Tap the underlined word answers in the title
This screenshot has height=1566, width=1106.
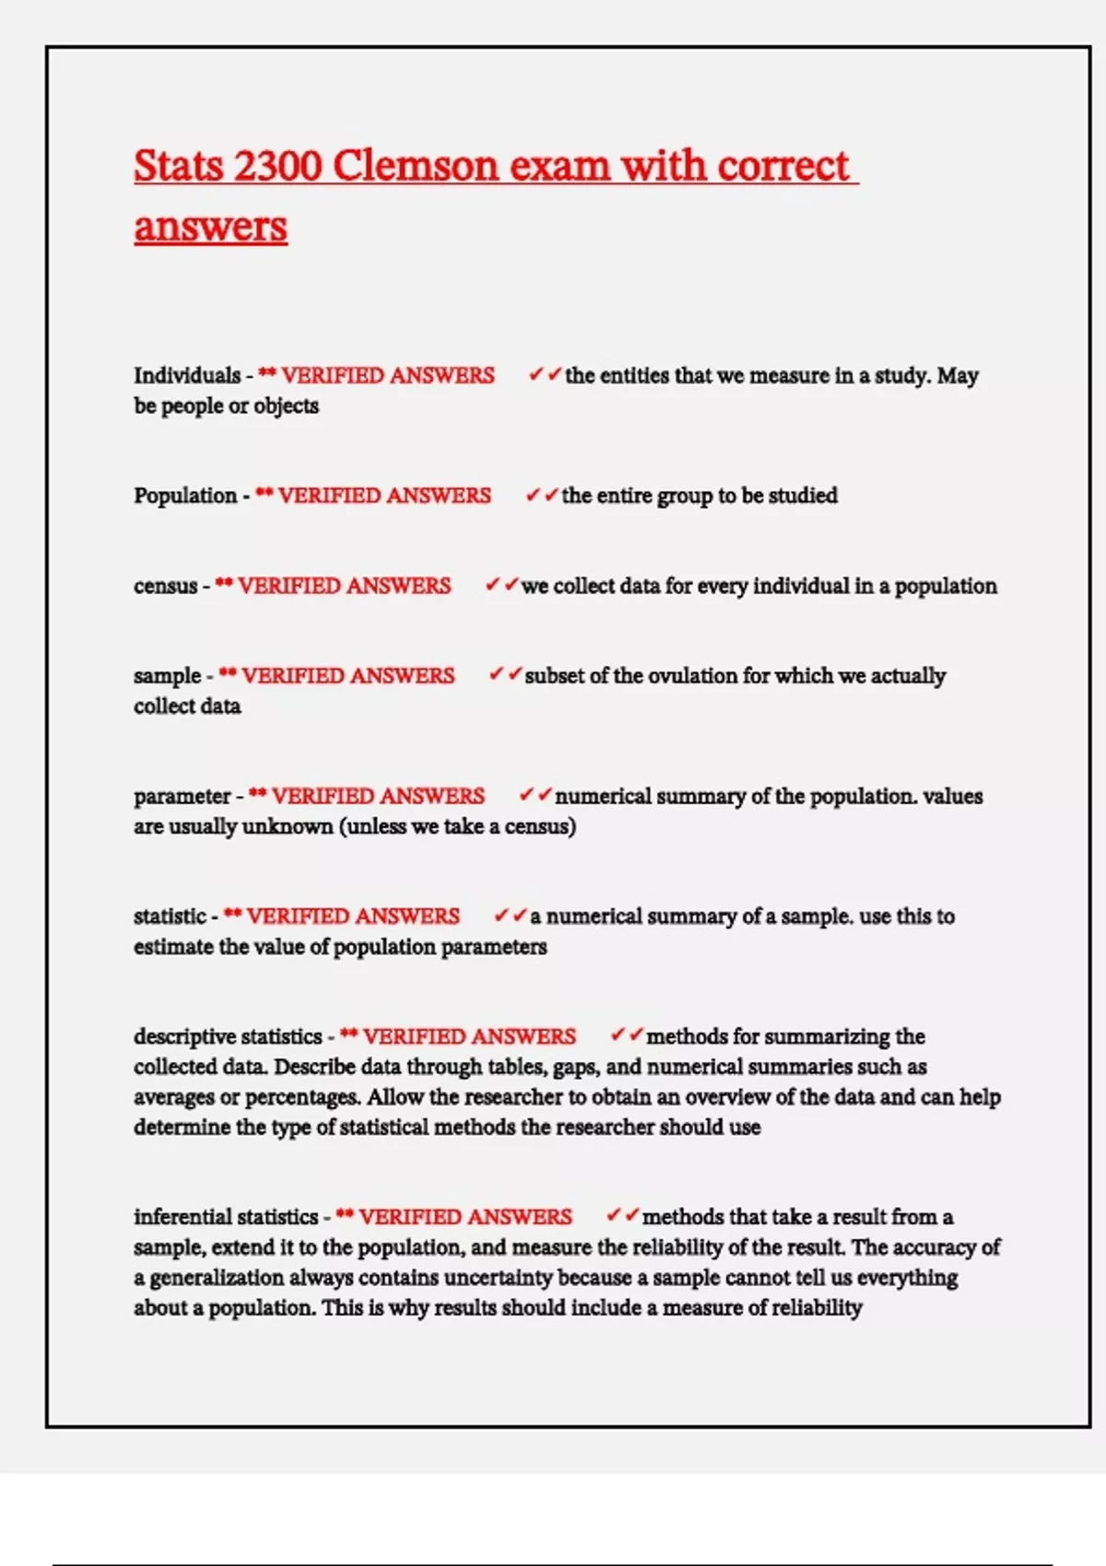click(210, 227)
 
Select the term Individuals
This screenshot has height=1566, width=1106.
click(187, 376)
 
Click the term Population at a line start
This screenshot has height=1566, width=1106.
click(185, 496)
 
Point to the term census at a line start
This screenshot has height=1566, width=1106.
click(165, 586)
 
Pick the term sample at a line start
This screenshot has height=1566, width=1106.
click(167, 676)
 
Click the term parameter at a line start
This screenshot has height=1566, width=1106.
click(182, 796)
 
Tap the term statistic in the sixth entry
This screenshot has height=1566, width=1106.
click(170, 917)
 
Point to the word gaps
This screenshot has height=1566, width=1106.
click(574, 1067)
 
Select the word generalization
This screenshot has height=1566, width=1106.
click(228, 1278)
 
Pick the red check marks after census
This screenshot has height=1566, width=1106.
click(502, 585)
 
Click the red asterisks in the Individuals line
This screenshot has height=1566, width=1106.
click(267, 373)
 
